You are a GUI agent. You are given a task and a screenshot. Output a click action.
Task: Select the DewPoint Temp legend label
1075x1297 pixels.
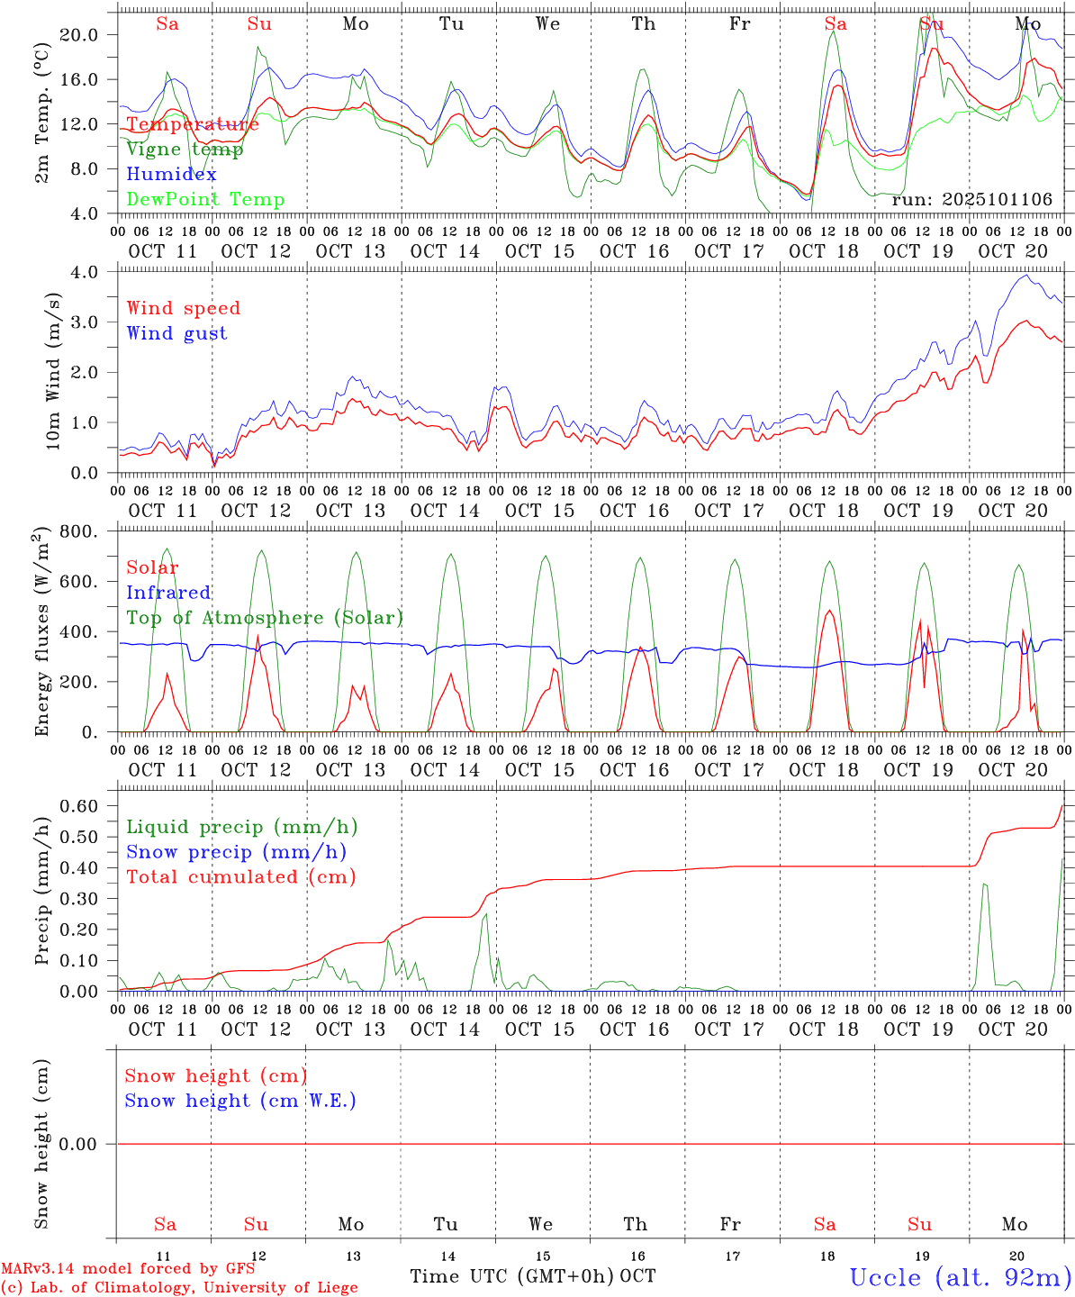205,200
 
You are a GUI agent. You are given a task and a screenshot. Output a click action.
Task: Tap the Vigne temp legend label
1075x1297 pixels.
185,150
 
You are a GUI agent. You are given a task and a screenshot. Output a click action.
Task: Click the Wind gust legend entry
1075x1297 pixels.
176,333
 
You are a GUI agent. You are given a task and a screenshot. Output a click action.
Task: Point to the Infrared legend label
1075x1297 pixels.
168,593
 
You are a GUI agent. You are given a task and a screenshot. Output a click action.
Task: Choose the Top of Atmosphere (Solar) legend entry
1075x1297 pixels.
265,618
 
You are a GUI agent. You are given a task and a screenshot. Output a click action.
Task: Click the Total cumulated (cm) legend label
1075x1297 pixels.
241,877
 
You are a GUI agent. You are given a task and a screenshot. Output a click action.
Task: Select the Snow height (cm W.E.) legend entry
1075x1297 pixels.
240,1101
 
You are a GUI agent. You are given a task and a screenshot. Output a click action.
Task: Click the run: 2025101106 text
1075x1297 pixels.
971,200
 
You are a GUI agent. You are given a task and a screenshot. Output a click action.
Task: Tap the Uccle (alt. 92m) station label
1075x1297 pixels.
960,1277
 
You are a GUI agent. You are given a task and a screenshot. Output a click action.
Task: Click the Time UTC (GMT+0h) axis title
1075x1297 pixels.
511,1276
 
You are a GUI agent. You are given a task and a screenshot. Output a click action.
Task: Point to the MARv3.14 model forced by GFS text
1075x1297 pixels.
128,1269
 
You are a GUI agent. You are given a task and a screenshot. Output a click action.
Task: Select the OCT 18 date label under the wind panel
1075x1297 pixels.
824,511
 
